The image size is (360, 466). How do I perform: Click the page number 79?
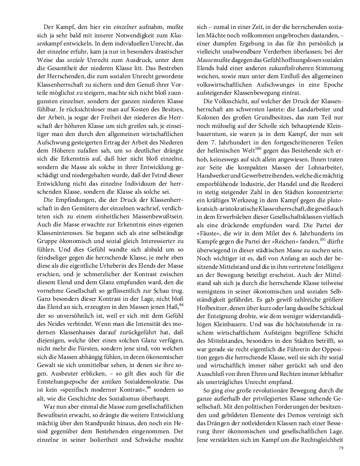tap(341, 448)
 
